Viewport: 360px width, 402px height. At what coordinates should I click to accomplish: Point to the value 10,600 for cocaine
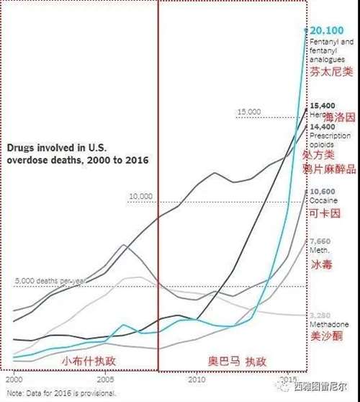point(321,191)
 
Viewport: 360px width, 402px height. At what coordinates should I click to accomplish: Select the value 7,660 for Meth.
point(319,241)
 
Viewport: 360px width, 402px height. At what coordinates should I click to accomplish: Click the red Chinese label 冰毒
point(320,265)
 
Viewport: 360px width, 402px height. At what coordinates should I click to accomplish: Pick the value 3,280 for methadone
point(320,315)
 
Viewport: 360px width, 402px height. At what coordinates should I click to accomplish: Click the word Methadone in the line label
point(325,324)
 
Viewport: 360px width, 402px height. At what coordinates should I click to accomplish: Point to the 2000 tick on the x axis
point(14,378)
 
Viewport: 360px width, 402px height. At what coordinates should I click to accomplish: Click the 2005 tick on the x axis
point(105,378)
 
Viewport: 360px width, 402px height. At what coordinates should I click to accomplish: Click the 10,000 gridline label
point(140,196)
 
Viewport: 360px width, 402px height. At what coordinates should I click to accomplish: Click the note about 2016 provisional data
point(61,393)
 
